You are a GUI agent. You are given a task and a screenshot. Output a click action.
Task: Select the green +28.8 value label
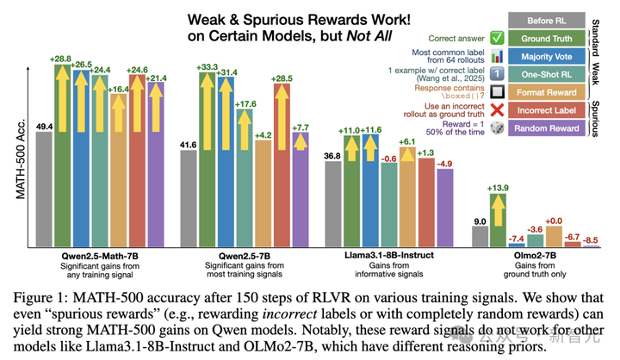[60, 59]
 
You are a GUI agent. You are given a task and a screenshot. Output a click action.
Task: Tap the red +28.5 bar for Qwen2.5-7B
[276, 172]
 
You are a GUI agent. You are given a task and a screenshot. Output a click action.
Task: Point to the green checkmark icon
[499, 38]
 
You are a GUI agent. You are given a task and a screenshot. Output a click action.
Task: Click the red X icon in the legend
[499, 110]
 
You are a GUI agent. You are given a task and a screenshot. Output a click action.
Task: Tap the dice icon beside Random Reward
[499, 128]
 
